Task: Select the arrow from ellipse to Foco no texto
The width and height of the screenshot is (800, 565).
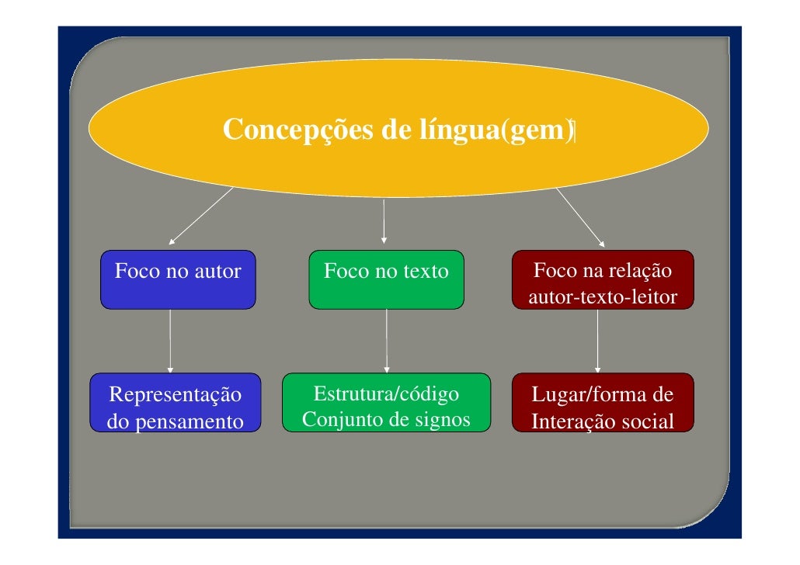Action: pos(384,220)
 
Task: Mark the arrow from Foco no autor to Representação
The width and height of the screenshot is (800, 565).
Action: pos(169,341)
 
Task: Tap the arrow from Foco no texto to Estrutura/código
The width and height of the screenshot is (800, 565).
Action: pos(386,341)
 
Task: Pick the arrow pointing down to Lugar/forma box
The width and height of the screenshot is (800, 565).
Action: pos(597,341)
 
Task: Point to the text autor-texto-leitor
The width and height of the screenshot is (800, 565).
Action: pos(602,297)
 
